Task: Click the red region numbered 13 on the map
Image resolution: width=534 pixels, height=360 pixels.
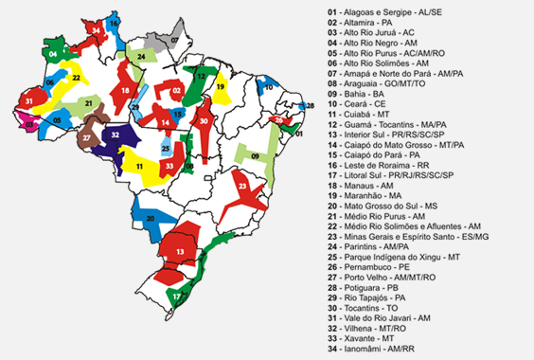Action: click(179, 251)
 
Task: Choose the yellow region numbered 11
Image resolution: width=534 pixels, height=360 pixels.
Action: click(140, 165)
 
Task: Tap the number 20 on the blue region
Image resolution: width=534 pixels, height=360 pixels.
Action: click(150, 219)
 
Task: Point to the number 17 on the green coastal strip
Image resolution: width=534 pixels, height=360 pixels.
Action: click(177, 297)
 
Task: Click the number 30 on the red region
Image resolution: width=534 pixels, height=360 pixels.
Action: click(205, 120)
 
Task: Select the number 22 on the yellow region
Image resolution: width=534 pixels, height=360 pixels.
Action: click(75, 79)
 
